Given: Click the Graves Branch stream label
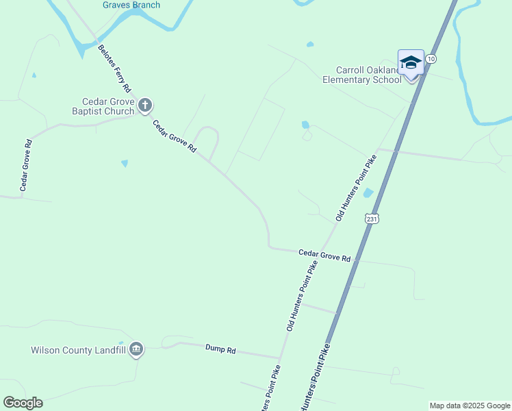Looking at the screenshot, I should tap(131, 5).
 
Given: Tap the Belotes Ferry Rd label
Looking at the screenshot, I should tap(114, 68).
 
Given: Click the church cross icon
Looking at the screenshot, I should tap(144, 105).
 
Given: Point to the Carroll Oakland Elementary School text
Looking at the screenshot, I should tap(362, 75).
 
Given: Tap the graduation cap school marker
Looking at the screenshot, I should tap(411, 63).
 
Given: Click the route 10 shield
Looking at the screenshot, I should tap(430, 60).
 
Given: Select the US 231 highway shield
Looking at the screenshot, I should tap(371, 219).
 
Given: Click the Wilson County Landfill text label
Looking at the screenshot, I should tap(78, 350).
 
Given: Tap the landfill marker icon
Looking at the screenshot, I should tap(136, 349).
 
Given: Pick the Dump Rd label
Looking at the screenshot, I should tap(220, 349).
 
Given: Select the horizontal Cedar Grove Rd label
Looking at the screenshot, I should tap(324, 255).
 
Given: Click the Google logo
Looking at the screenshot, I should tap(23, 403).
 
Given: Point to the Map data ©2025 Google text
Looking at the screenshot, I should tap(470, 406).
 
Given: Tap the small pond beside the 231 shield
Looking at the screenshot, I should tap(368, 193).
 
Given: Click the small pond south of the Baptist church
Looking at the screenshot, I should tap(124, 163).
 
